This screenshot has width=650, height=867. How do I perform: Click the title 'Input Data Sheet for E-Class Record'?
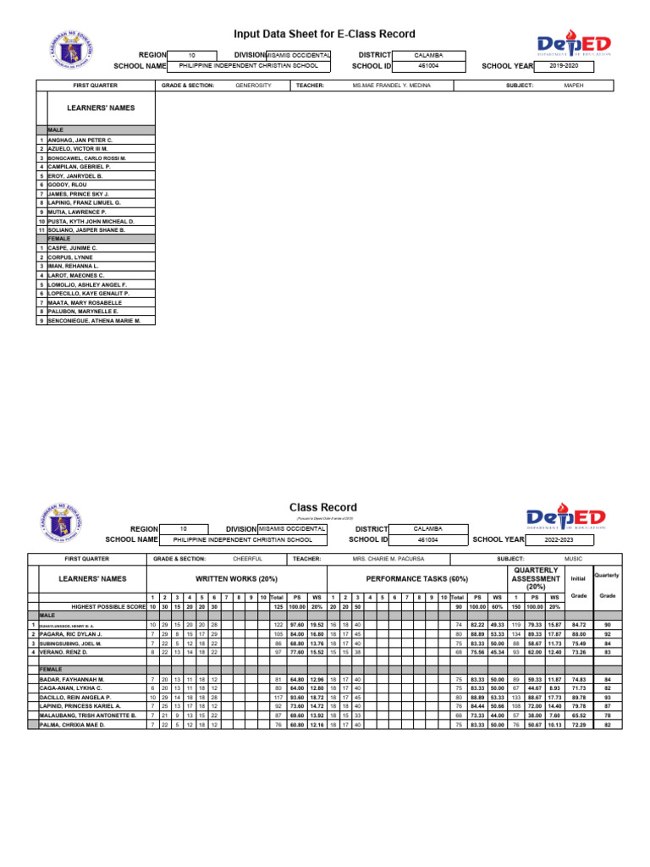coord(325,34)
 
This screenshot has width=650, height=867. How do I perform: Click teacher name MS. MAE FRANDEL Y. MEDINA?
coord(391,86)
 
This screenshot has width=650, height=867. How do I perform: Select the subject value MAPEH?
coord(573,86)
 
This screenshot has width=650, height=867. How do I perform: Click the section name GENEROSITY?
coord(253,86)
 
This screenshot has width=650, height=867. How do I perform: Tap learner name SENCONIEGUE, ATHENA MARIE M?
coord(94,321)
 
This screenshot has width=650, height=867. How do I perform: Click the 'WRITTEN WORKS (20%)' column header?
coord(236,578)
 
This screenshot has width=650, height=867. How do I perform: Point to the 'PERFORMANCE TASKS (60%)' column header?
coord(416,578)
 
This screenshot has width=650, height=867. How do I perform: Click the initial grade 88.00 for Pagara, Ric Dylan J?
coord(579,633)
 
